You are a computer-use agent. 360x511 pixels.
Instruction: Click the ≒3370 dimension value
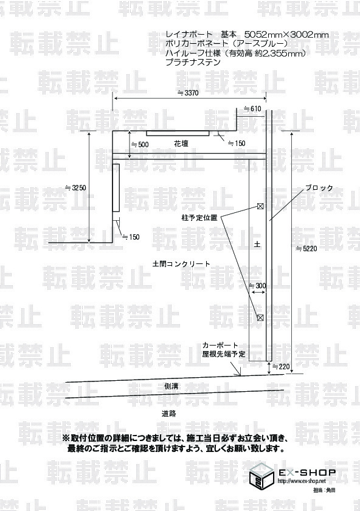[187, 93]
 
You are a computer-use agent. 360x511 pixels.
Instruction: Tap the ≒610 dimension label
[252, 109]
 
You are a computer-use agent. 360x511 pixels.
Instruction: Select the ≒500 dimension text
[140, 144]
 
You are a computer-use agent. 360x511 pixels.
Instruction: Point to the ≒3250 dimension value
[75, 188]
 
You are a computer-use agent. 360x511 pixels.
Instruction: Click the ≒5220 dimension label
[306, 249]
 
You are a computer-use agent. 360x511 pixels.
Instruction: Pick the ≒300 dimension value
[257, 286]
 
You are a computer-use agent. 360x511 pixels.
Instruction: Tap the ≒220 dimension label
[281, 367]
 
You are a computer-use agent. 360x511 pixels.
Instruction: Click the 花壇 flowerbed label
[181, 144]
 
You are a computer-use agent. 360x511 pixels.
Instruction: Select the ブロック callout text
[319, 188]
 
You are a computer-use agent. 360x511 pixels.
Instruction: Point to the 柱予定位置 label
[199, 218]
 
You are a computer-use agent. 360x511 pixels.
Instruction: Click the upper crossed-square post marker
[260, 206]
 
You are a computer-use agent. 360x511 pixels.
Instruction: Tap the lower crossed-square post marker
[260, 318]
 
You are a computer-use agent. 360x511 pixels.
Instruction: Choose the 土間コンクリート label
[181, 264]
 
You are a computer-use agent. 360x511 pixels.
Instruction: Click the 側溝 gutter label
[171, 386]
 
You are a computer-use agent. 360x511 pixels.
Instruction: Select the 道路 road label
[169, 414]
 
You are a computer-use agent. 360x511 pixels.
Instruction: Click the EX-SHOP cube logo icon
[261, 476]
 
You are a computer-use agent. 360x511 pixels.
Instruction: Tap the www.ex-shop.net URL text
[302, 481]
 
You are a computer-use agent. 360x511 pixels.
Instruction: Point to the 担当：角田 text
[324, 490]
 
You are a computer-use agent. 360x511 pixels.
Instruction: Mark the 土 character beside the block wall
[257, 244]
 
